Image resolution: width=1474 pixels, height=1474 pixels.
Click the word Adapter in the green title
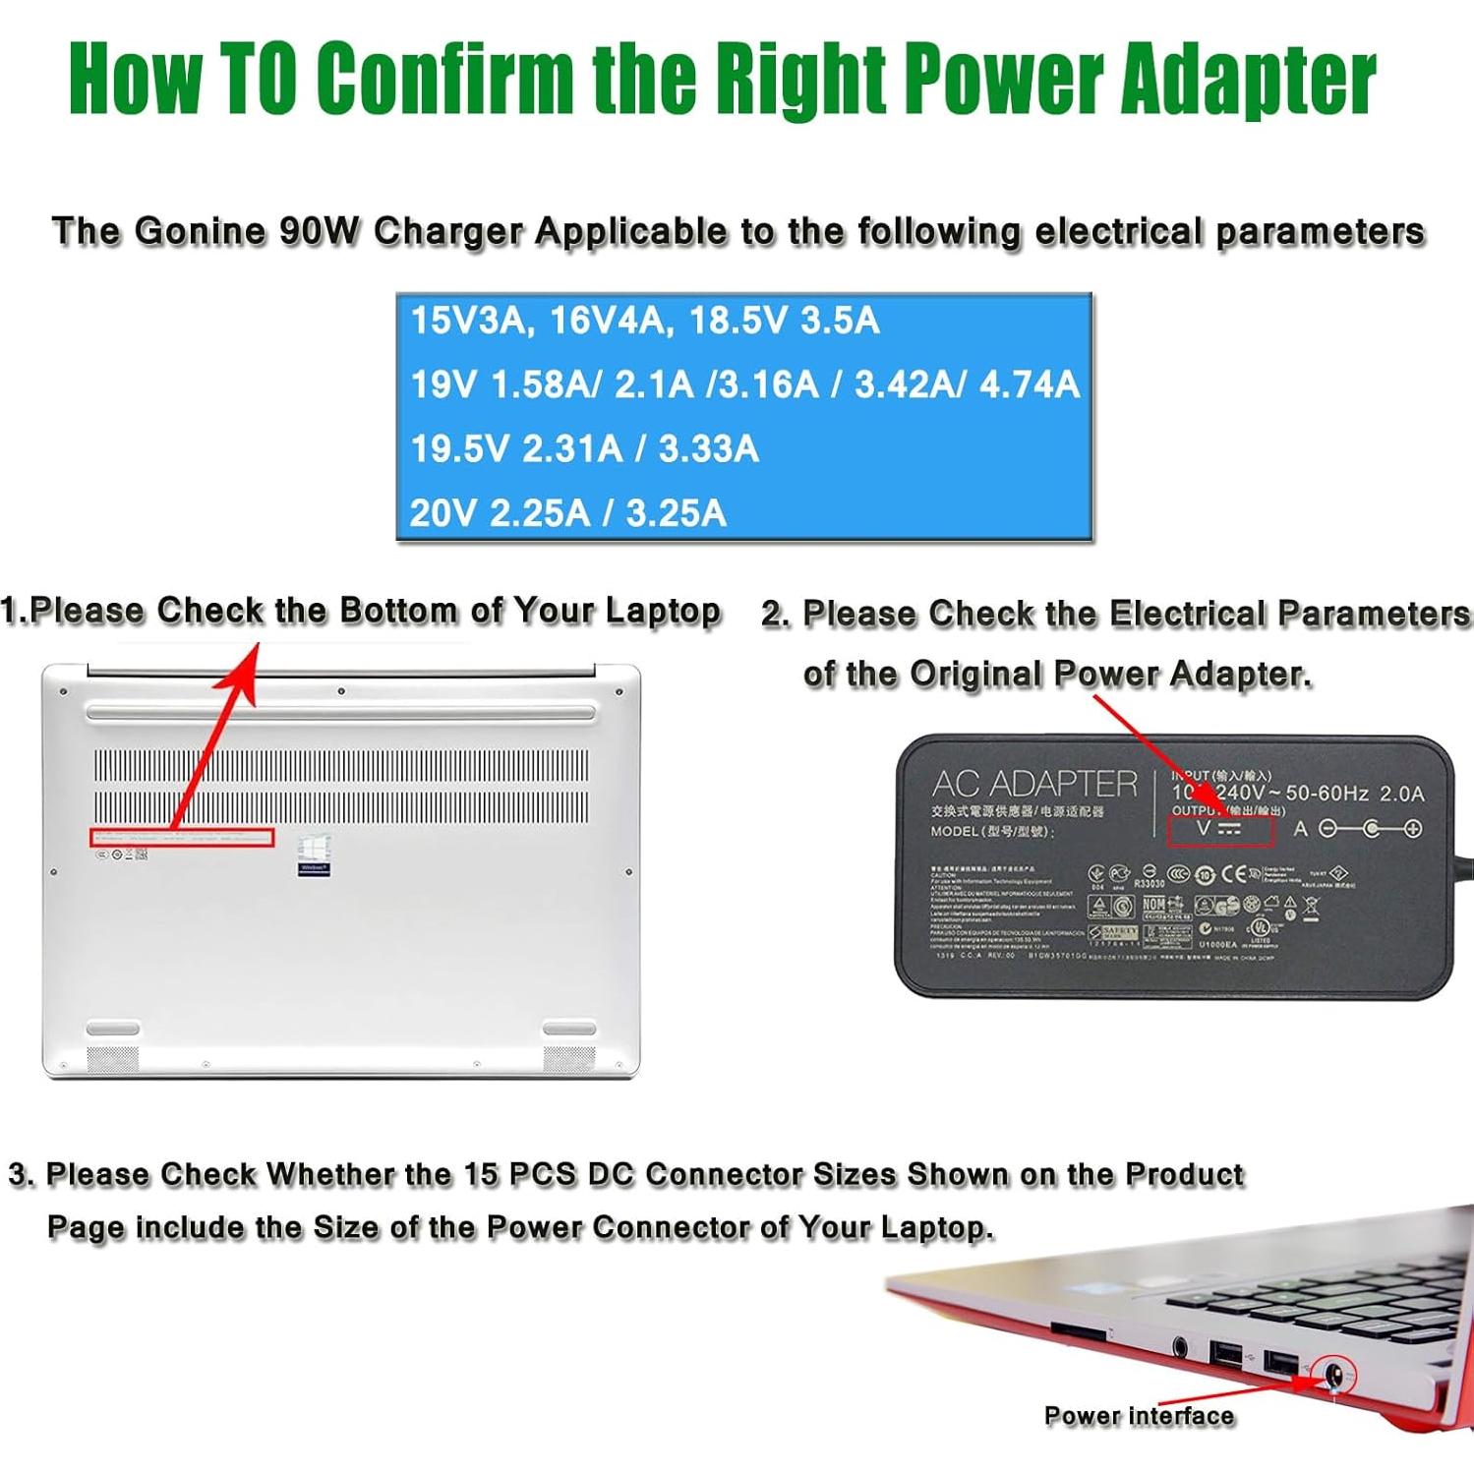(x=1247, y=79)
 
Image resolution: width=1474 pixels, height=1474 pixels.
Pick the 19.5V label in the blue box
(x=459, y=449)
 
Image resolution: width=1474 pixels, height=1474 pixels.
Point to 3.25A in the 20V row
(x=676, y=513)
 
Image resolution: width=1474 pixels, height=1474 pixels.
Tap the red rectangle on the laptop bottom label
(x=182, y=838)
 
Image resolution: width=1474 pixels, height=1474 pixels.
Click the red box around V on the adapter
(x=1220, y=829)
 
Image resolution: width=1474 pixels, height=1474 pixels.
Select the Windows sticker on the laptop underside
(x=314, y=856)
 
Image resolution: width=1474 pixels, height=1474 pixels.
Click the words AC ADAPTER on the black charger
(x=1033, y=784)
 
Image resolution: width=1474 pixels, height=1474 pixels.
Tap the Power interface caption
(x=1139, y=1416)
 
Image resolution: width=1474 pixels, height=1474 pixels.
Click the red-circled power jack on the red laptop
(x=1333, y=1376)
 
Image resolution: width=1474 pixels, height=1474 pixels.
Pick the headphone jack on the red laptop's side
(x=1179, y=1347)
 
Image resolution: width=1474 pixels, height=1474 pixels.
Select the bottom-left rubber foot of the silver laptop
(x=113, y=1029)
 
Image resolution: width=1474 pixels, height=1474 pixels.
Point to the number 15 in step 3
(x=481, y=1175)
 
